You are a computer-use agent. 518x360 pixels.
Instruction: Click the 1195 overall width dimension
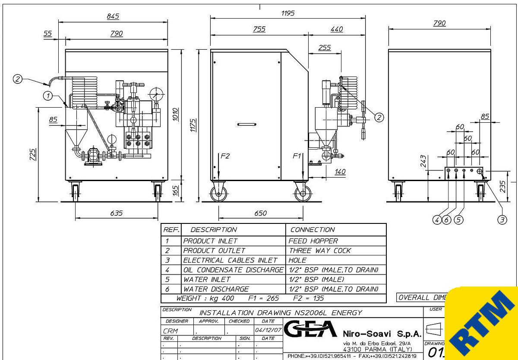[287, 13]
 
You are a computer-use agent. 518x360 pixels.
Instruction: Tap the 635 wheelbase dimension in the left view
[117, 213]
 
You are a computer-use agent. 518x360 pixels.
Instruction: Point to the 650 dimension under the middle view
[260, 213]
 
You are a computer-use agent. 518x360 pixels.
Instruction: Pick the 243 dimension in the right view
[423, 161]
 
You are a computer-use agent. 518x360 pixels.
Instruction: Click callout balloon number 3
[502, 220]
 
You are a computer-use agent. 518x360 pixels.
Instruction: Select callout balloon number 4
[437, 220]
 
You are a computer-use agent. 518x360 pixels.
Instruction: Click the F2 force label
[225, 156]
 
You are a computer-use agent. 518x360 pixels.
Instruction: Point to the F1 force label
[297, 156]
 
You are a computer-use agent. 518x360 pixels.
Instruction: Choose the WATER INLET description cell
[207, 279]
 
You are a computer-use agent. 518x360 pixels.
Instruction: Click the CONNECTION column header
[312, 229]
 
